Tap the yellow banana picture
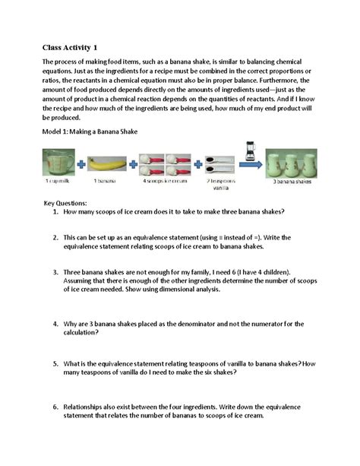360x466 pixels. click(x=106, y=163)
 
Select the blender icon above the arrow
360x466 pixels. click(x=250, y=150)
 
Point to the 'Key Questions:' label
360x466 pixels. click(x=65, y=204)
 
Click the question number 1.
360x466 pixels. click(x=55, y=212)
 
